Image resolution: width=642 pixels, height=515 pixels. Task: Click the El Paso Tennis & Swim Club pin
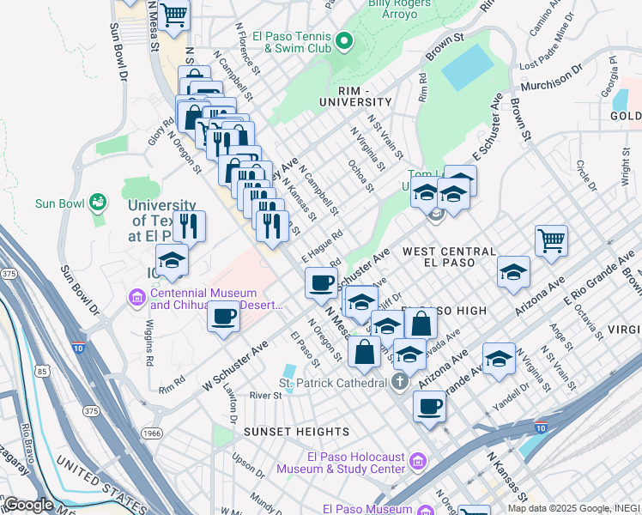point(344,40)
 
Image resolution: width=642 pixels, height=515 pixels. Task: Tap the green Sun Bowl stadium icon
point(100,203)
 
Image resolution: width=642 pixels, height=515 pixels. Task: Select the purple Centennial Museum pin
point(136,298)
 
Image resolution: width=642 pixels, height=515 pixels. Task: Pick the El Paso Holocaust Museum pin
point(418,463)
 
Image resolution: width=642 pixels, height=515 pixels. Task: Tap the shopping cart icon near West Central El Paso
point(551,239)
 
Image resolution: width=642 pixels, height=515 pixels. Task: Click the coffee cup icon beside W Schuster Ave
point(223,315)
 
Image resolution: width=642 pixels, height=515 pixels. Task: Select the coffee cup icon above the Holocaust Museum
point(429,406)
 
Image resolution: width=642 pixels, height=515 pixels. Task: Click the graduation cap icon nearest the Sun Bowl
point(172,260)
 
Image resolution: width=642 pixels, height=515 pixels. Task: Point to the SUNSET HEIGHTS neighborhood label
point(286,431)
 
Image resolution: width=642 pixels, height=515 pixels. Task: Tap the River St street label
point(265,396)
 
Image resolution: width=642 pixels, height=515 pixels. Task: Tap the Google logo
point(28,505)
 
